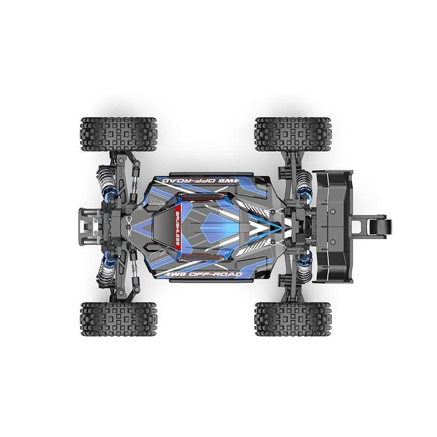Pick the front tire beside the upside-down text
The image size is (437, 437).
tap(118, 134)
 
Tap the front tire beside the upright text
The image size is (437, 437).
tap(118, 320)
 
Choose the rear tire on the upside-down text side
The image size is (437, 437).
tap(293, 134)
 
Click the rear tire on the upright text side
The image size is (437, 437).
tap(293, 320)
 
